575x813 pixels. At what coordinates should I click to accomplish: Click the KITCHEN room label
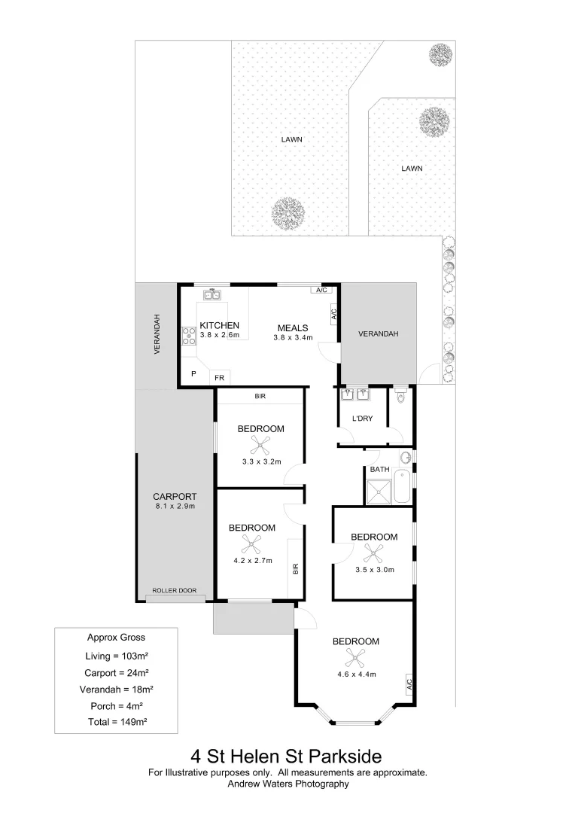[x=219, y=325]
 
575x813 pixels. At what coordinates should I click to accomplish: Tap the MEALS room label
[x=292, y=327]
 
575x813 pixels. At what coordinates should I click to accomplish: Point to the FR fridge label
[x=220, y=376]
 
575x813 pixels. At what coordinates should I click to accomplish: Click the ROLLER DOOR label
[x=175, y=591]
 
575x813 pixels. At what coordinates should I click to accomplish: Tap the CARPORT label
[x=175, y=497]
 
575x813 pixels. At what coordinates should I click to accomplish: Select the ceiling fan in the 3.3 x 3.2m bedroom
[x=260, y=445]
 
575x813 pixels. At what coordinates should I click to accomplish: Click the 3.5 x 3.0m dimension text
[x=375, y=570]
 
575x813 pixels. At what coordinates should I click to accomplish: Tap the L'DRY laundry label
[x=363, y=418]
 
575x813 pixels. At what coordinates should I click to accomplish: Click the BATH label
[x=379, y=470]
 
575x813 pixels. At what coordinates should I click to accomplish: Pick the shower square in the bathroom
[x=379, y=491]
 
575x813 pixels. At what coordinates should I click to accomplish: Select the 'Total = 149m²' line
[x=116, y=721]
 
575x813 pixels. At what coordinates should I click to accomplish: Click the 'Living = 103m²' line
[x=116, y=654]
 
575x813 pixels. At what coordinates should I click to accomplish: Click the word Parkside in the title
[x=347, y=755]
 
